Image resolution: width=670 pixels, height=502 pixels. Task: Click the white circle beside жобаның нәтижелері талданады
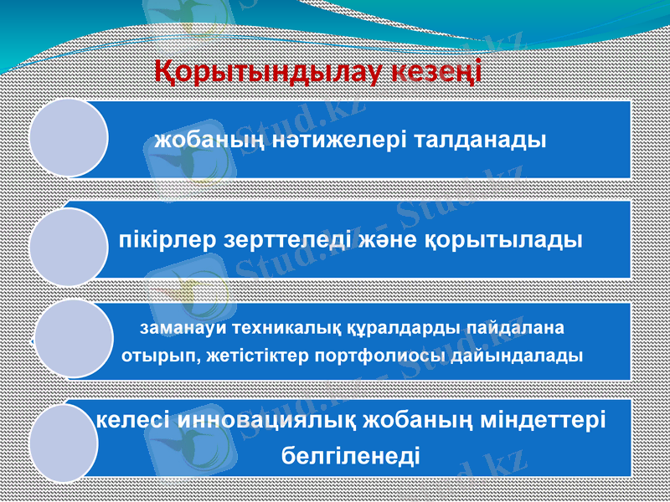(x=69, y=138)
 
